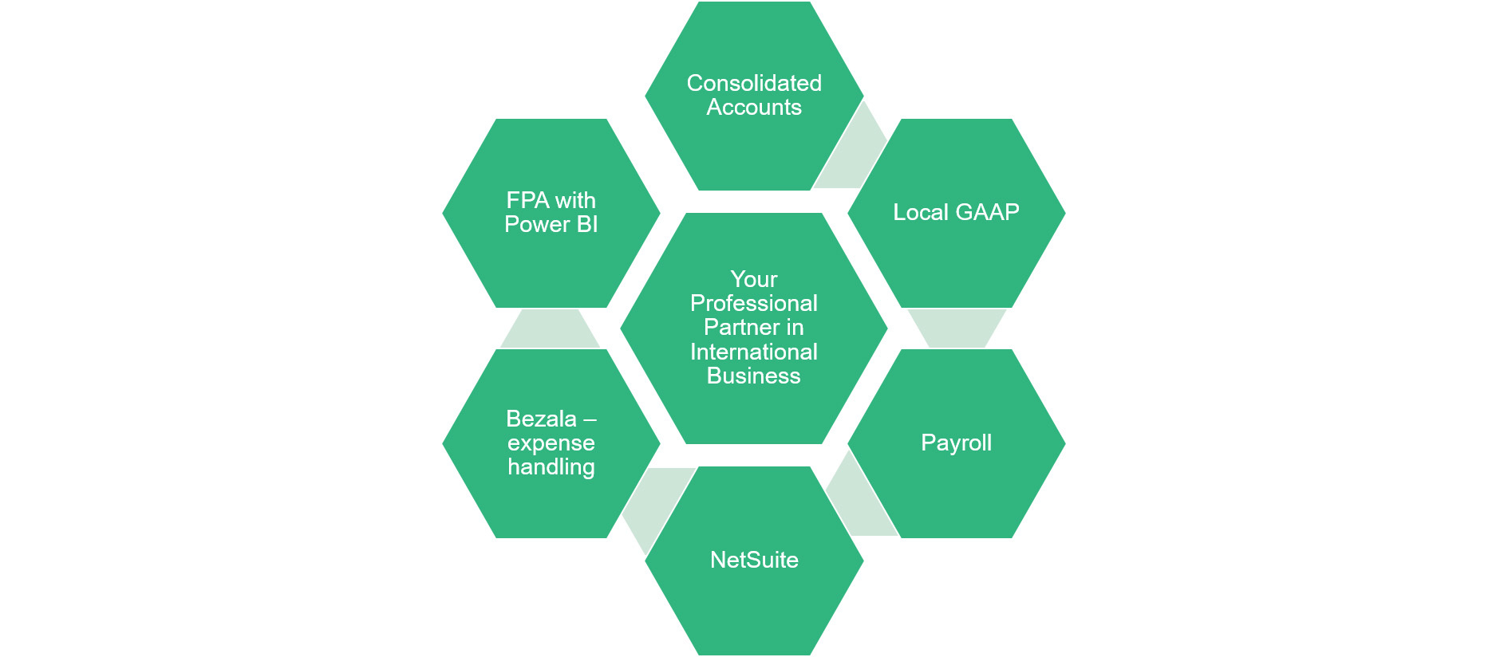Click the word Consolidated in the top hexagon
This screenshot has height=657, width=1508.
click(754, 83)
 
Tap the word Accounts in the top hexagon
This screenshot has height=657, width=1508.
click(754, 108)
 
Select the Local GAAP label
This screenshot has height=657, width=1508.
click(956, 212)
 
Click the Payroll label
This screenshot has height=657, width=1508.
click(956, 443)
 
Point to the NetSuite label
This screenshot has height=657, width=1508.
click(754, 560)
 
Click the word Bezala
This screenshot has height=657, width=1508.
click(541, 419)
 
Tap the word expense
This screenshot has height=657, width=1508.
click(551, 443)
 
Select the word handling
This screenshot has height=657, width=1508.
click(551, 466)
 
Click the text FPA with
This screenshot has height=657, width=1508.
click(551, 200)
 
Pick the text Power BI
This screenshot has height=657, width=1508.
click(551, 224)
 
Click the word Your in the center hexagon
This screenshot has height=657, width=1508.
click(754, 279)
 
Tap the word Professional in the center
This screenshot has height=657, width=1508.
click(754, 303)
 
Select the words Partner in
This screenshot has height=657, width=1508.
click(754, 327)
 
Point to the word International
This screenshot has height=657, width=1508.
click(754, 352)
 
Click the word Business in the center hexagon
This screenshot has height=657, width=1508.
click(754, 376)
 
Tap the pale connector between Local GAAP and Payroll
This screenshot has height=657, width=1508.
click(956, 328)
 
